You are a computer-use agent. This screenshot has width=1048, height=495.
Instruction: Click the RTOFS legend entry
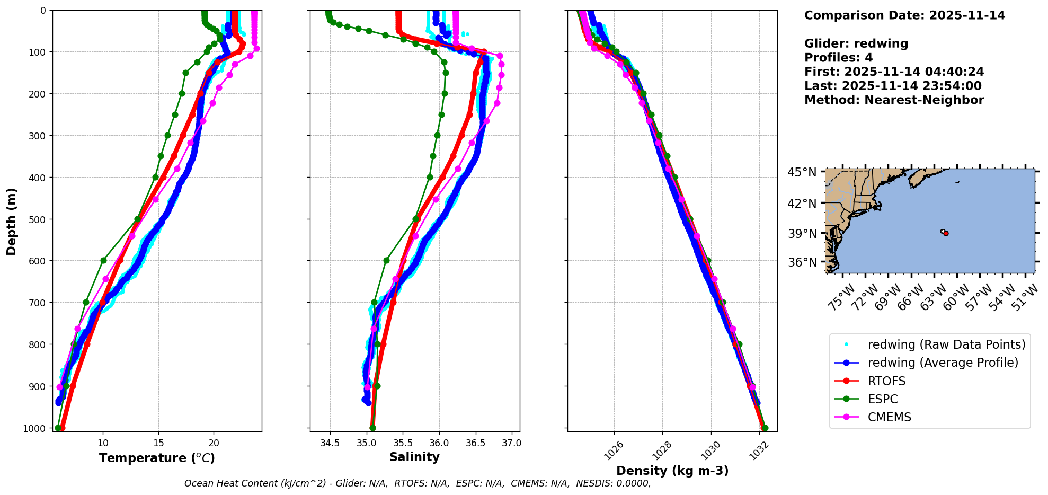point(886,381)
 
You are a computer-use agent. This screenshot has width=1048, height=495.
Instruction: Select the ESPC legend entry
point(883,399)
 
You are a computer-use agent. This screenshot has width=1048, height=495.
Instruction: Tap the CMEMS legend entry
point(889,417)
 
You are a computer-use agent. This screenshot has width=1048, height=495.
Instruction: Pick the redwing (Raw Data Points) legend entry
point(946,344)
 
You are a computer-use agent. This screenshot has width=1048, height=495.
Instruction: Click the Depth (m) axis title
point(12,221)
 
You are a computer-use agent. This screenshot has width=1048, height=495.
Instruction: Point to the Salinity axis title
point(414,457)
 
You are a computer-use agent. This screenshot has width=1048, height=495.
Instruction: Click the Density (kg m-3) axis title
point(672,471)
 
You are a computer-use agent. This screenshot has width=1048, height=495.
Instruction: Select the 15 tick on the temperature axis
point(158,443)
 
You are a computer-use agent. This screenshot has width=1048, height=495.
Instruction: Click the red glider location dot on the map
point(946,233)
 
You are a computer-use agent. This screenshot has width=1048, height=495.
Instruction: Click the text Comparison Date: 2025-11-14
point(904,15)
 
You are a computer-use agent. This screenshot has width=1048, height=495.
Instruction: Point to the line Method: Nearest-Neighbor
point(894,100)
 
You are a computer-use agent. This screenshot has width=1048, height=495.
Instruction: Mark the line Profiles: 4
point(838,58)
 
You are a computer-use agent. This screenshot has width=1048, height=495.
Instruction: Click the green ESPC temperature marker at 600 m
point(103,260)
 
